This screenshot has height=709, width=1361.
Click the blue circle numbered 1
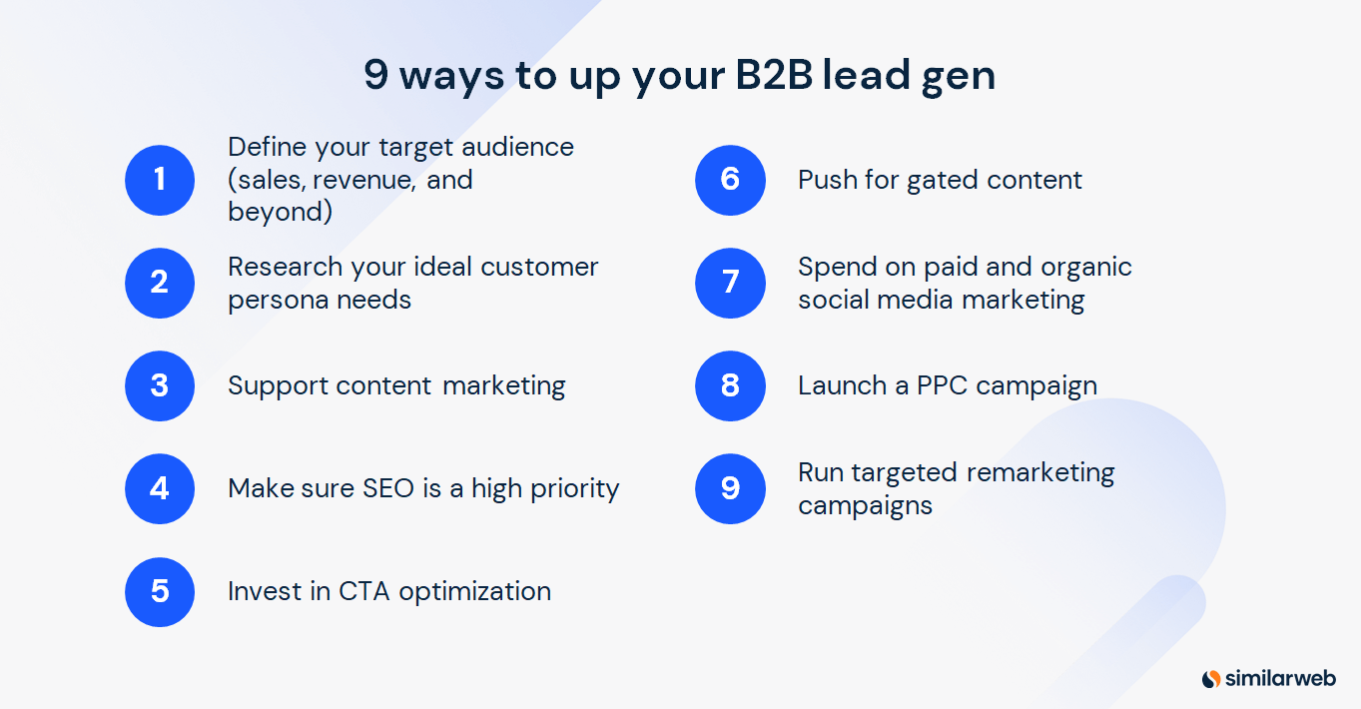[160, 180]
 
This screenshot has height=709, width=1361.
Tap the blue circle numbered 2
[160, 283]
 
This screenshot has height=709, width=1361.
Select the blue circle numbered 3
[160, 385]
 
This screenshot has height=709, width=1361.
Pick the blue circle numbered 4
[160, 488]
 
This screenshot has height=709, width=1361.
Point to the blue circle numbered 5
[160, 591]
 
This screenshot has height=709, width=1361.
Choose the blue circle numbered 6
[730, 180]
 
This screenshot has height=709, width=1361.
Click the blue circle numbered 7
[730, 283]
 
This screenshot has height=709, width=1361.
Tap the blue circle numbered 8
[730, 385]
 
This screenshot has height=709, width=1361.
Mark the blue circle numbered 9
[730, 488]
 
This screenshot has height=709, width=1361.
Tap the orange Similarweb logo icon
[1211, 679]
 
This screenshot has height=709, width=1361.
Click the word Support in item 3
[277, 386]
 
